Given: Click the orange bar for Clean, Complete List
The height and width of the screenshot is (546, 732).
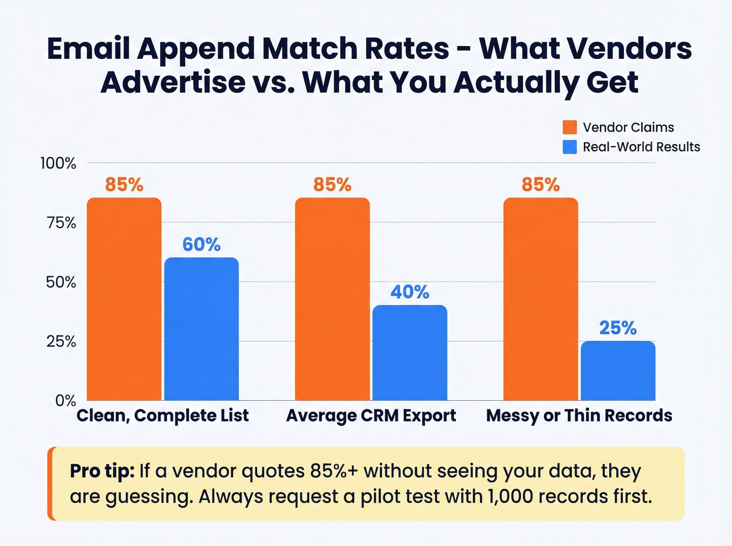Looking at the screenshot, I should click(x=124, y=299).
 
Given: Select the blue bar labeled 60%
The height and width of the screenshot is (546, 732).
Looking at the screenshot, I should click(x=201, y=329).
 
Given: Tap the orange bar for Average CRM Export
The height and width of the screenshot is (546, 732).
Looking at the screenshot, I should click(x=332, y=299).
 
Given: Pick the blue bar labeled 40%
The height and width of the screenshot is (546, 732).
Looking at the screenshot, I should click(x=409, y=353).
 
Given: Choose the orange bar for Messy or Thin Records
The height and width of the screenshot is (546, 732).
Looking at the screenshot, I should click(x=541, y=299).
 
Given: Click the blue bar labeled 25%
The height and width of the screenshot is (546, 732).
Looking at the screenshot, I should click(x=617, y=370).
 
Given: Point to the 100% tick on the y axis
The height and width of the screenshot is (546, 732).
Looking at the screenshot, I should click(x=58, y=164).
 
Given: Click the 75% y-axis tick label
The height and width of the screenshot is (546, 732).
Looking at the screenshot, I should click(x=61, y=223).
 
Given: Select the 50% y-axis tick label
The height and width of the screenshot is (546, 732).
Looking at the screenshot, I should click(x=61, y=283).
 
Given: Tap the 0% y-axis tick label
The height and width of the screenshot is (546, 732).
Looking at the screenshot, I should click(x=66, y=401).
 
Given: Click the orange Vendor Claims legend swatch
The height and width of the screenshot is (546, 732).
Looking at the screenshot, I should click(x=569, y=127).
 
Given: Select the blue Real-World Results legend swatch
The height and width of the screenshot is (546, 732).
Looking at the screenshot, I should click(x=569, y=147).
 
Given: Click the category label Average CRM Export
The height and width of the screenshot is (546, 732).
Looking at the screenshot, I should click(x=371, y=415).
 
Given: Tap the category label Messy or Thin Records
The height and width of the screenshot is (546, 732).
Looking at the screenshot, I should click(x=579, y=415).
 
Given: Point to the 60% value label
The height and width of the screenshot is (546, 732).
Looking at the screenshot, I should click(x=201, y=245).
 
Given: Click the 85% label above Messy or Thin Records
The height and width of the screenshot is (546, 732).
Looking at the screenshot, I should click(x=541, y=184).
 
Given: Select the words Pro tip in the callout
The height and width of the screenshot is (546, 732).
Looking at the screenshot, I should click(x=102, y=471).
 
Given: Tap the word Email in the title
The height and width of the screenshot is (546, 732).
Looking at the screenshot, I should click(x=88, y=49).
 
